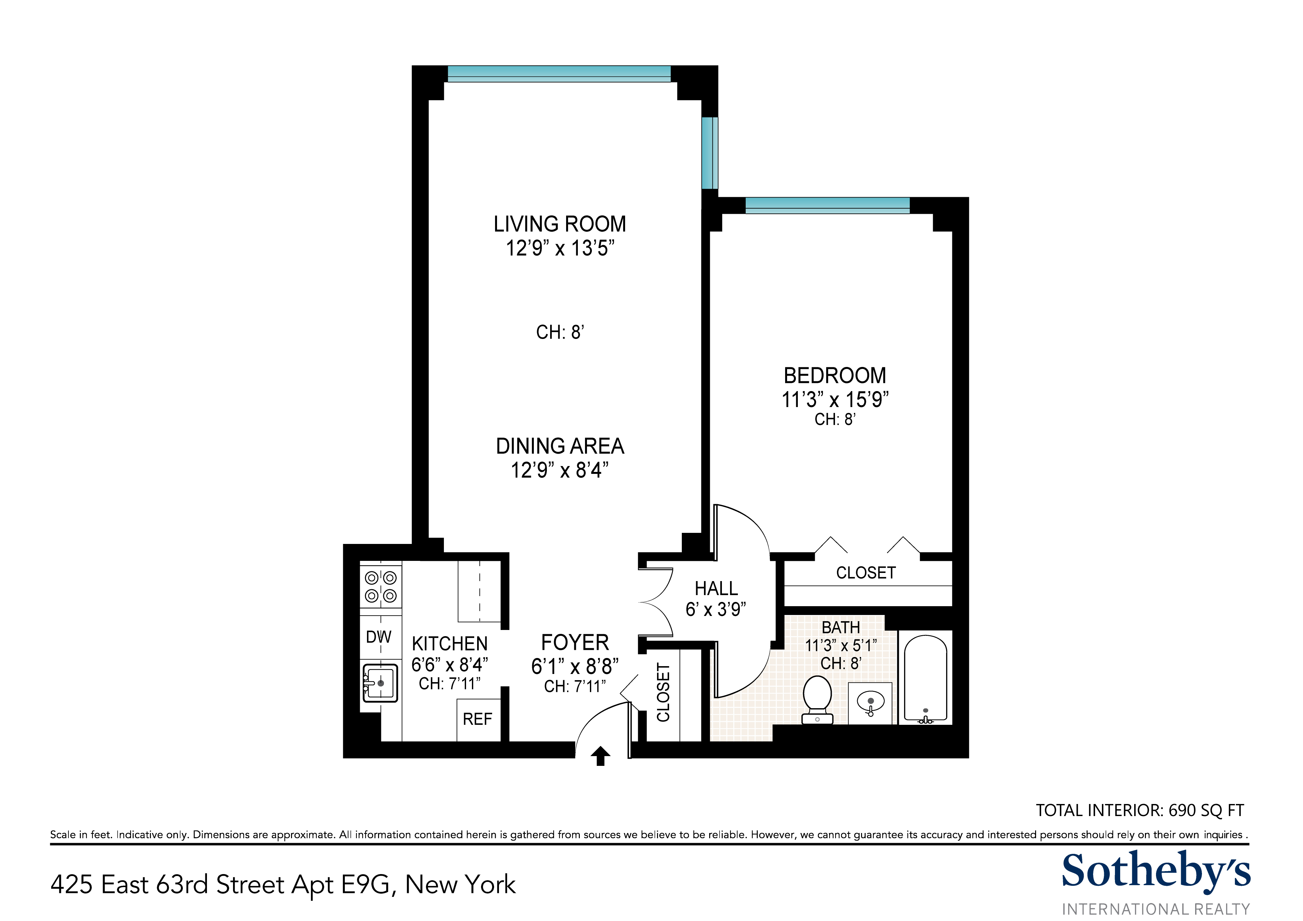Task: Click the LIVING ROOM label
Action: (560, 224)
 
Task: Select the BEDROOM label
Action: (835, 376)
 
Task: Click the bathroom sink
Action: (870, 703)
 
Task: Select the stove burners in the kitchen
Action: (381, 587)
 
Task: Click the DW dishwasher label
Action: (378, 637)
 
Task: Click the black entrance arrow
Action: (600, 756)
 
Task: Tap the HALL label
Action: (716, 589)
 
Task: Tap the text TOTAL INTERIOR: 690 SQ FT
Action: (1140, 810)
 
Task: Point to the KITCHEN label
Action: (449, 644)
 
